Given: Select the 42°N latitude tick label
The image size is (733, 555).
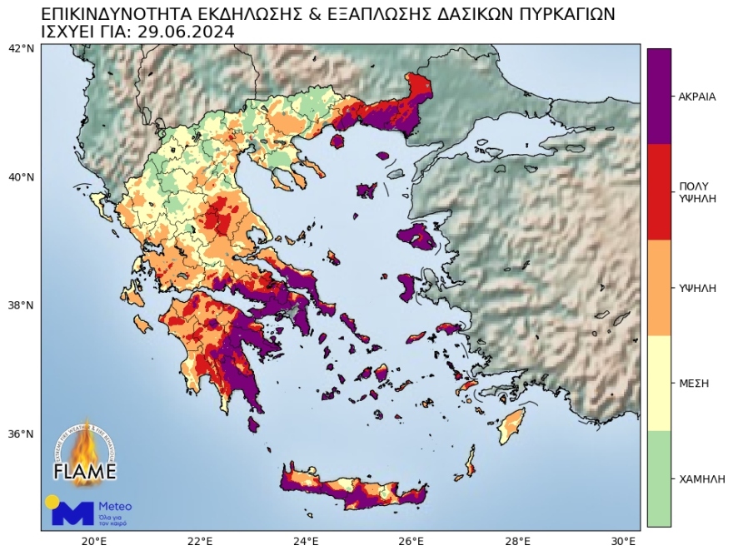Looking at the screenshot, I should click(21, 48).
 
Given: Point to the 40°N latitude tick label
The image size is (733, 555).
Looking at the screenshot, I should click(21, 177).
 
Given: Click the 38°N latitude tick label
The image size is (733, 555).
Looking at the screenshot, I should click(21, 305).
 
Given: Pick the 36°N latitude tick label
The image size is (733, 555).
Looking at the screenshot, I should click(21, 434).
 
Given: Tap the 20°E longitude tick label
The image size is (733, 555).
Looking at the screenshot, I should click(93, 541).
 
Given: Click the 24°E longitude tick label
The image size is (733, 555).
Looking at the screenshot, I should click(306, 541).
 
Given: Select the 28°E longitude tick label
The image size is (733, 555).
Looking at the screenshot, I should click(518, 541).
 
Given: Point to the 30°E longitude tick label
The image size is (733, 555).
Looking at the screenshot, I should click(624, 541).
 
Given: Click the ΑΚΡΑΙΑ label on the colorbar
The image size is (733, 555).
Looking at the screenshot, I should click(697, 96).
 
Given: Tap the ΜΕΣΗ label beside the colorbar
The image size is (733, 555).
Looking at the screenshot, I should click(694, 384).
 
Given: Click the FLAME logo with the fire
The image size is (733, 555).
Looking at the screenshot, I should click(84, 453).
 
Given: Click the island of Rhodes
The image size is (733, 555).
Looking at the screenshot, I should click(511, 426).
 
